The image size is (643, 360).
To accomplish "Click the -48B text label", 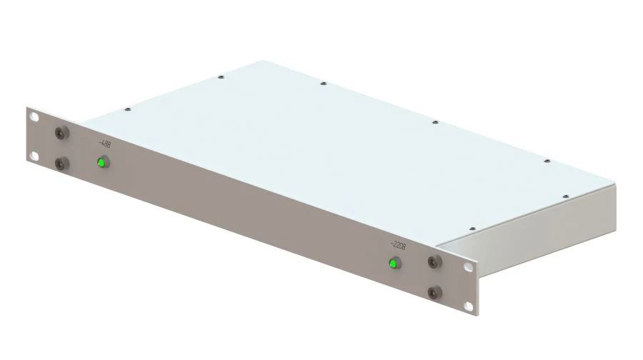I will [104, 144].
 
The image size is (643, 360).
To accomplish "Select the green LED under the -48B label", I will [101, 163].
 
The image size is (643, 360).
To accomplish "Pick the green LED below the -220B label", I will [392, 264].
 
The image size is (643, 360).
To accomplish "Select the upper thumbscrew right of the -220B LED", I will [432, 261].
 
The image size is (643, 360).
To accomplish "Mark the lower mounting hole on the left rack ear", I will [34, 155].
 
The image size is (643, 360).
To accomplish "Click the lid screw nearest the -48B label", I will [127, 109].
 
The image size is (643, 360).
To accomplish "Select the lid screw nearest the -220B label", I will [472, 229].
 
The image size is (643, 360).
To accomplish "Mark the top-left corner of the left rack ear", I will [27, 108].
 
